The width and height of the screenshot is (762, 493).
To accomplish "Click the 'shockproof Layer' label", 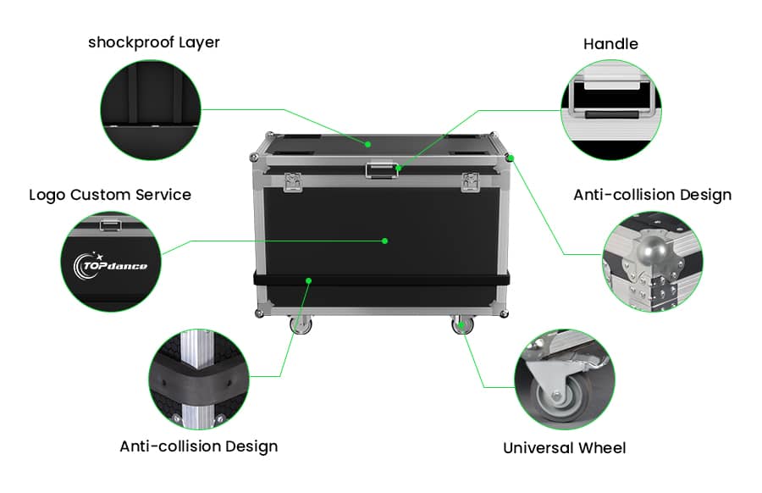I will [x=153, y=42].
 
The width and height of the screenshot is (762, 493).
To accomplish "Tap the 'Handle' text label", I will [x=610, y=43].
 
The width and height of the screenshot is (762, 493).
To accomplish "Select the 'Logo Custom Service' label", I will [x=110, y=195].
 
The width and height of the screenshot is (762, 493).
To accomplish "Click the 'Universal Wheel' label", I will [x=565, y=447].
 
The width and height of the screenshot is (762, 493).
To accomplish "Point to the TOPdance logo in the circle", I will [x=115, y=266].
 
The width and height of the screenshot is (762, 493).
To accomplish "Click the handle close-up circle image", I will [x=611, y=110].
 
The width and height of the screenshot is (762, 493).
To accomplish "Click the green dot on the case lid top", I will [x=368, y=144].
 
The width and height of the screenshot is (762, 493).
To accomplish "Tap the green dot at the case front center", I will [x=384, y=241].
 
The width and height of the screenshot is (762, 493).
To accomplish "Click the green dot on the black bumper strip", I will [x=310, y=280].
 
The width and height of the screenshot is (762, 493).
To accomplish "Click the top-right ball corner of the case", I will [x=510, y=158].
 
